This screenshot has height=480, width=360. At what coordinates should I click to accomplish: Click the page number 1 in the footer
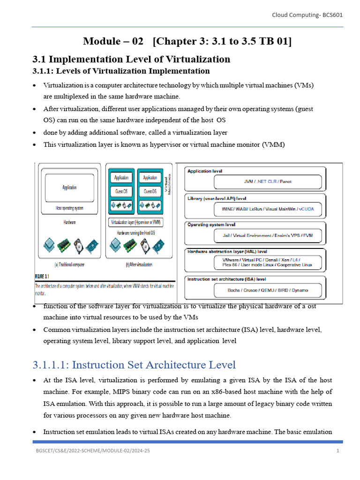[337, 451]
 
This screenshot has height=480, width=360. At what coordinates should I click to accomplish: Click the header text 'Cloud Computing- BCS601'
[307, 15]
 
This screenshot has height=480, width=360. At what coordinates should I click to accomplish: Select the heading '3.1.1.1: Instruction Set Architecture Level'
[134, 365]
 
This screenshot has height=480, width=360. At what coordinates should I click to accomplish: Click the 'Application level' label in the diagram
[205, 172]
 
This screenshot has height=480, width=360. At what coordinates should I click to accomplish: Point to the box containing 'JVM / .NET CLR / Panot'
[268, 181]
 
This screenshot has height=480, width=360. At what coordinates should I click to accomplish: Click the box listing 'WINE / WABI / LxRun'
[268, 208]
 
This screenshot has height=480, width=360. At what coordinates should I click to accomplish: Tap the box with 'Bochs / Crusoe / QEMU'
[268, 290]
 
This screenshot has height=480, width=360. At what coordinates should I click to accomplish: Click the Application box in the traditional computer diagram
[69, 187]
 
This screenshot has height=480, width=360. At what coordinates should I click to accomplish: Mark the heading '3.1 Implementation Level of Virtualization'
[131, 59]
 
